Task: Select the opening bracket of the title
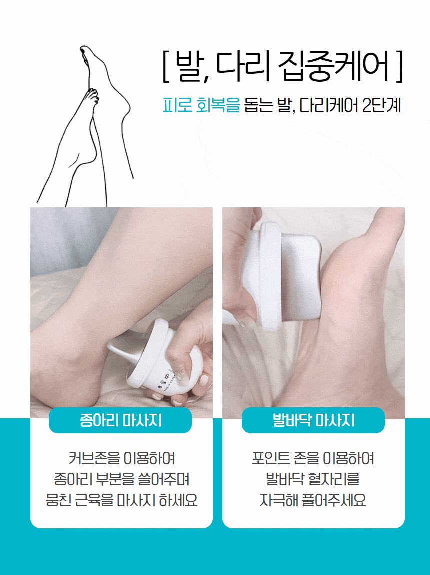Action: (165, 67)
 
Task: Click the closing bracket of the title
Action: (399, 67)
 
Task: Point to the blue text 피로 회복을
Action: (201, 105)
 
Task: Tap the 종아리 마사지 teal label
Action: (120, 420)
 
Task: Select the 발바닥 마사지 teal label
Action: (313, 420)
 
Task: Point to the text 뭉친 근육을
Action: (79, 500)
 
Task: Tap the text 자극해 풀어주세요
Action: (313, 500)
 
